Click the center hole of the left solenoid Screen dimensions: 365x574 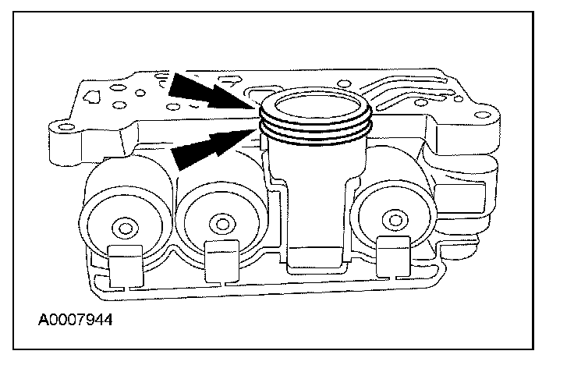122,227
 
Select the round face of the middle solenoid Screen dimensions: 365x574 223,227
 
